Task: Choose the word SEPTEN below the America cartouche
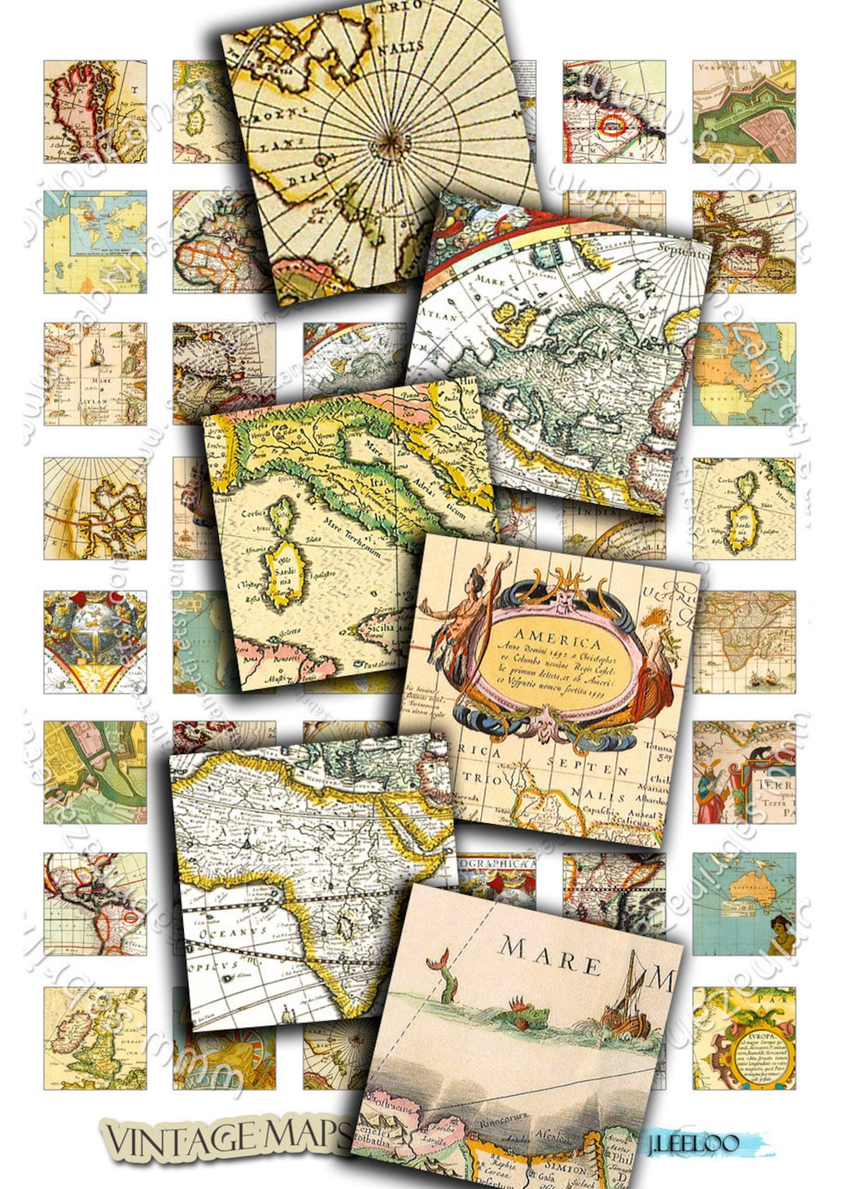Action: click(580, 769)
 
